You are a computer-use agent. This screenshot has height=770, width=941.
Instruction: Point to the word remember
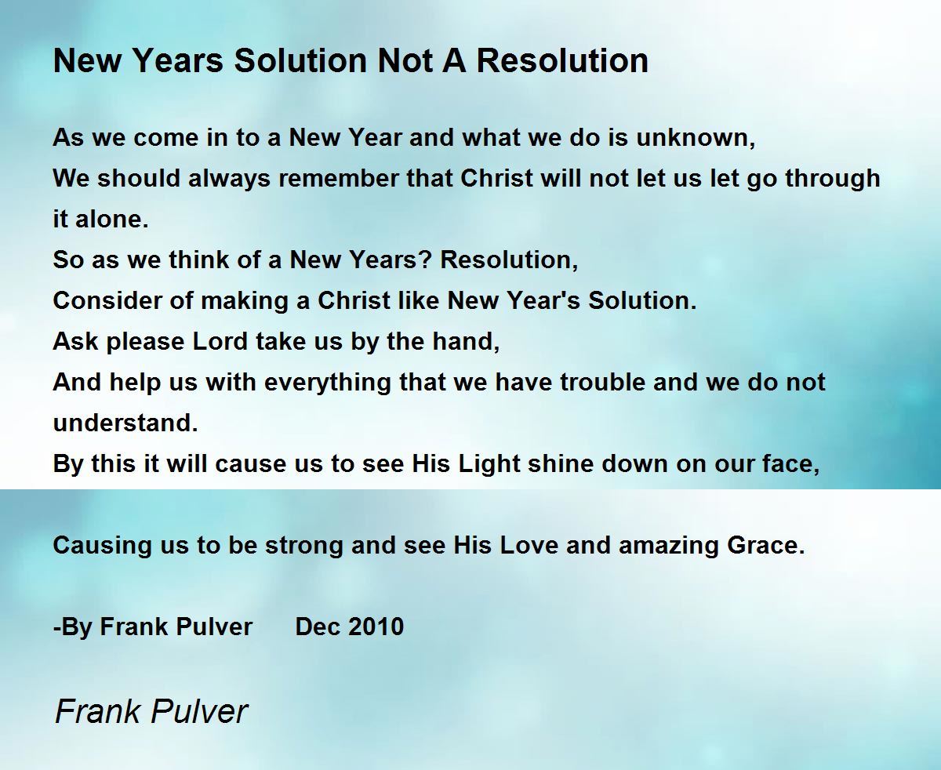pos(339,178)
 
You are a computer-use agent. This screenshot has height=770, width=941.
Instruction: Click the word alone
pos(111,219)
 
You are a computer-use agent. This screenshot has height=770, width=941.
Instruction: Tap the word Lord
pos(220,341)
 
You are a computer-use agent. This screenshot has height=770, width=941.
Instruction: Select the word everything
pos(328,383)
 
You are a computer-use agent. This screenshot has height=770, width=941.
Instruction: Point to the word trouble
pos(603,383)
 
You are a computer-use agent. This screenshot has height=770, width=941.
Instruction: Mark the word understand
pos(125,423)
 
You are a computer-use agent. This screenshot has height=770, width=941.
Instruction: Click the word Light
pos(489,464)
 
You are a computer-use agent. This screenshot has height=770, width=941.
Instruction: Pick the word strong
pos(303,546)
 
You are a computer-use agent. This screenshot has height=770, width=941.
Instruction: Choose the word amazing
pos(669,546)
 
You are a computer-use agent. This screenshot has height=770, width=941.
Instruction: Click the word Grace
pos(766,546)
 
